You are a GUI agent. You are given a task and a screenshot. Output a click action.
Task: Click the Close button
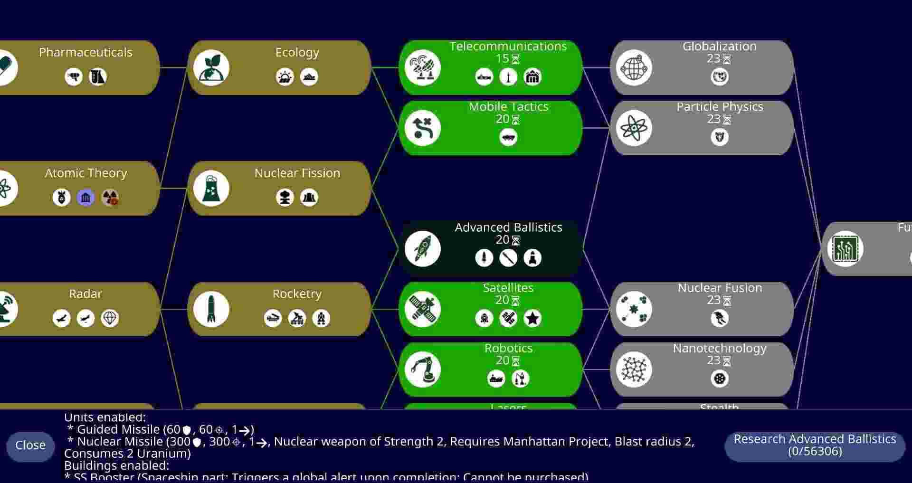(30, 445)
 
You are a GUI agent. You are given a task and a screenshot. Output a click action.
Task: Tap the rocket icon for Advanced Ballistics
(422, 249)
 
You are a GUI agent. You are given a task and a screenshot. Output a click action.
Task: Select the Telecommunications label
(508, 47)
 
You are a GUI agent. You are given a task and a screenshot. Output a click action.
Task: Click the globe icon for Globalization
(634, 68)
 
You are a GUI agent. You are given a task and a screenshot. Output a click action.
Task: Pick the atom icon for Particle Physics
(634, 128)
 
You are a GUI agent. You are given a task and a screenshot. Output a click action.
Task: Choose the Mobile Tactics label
(508, 107)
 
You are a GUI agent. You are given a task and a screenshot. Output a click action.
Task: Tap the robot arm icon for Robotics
(422, 369)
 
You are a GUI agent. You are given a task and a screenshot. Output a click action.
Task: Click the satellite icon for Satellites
(422, 309)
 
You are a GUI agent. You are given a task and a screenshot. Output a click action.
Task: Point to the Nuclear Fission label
(297, 173)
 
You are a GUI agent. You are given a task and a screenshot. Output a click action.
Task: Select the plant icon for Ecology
(211, 68)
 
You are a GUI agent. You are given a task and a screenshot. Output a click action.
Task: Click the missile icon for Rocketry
(211, 309)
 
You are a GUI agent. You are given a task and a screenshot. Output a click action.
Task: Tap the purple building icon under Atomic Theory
(86, 198)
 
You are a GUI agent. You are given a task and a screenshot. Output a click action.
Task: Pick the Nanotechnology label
(720, 349)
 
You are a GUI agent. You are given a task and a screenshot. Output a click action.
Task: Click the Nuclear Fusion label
(720, 288)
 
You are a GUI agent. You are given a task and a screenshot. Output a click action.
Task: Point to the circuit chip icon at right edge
(845, 249)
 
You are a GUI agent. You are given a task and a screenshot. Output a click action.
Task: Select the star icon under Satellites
(532, 318)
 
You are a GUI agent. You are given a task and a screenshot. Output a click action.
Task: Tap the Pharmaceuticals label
(85, 53)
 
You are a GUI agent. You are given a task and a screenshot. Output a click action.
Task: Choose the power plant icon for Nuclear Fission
(211, 189)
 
